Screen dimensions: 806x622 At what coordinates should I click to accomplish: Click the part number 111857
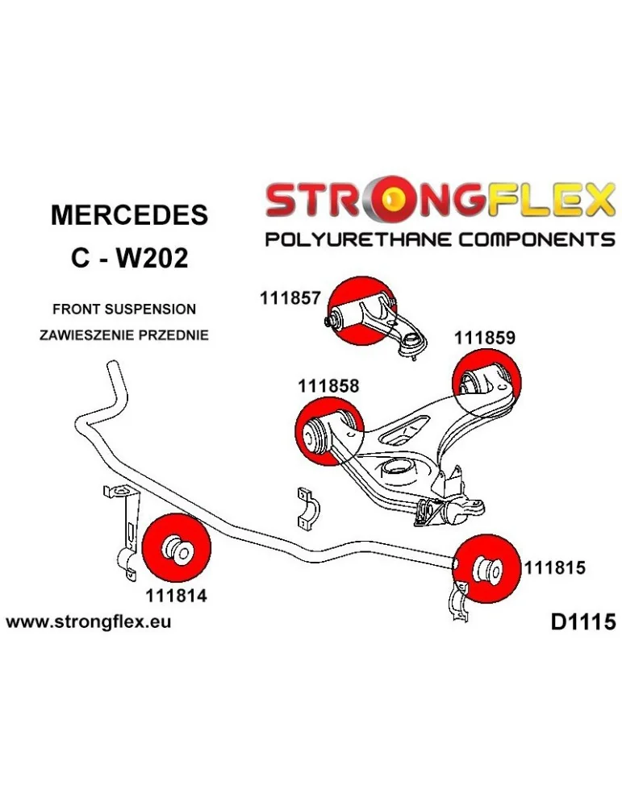(291, 298)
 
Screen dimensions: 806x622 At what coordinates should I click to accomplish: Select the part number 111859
(484, 339)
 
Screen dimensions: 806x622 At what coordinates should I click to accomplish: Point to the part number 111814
(177, 596)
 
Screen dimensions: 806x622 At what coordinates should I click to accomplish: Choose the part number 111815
(554, 567)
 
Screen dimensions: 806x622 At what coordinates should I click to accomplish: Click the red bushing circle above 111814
(175, 547)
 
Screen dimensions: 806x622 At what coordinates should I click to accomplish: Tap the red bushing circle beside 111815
(486, 568)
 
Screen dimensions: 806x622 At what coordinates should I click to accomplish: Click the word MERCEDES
(129, 215)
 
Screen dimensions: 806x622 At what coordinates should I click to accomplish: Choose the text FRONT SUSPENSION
(123, 309)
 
